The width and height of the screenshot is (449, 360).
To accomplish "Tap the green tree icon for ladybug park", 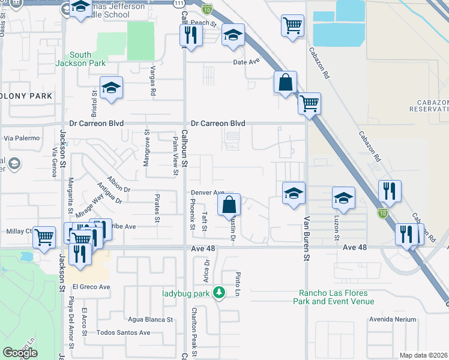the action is (x=220, y=293).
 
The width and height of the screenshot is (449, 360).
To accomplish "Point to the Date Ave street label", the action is (x=246, y=62).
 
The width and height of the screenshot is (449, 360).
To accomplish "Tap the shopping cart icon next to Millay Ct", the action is (x=44, y=238).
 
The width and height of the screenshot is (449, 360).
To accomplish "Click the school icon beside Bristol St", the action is (x=111, y=88).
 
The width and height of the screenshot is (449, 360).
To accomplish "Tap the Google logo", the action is (x=20, y=353).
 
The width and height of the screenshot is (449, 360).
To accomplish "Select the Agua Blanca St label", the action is (x=150, y=319).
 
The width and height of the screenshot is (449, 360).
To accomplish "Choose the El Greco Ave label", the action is (x=88, y=287).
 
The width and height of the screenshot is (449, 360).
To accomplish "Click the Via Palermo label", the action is (x=22, y=138).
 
